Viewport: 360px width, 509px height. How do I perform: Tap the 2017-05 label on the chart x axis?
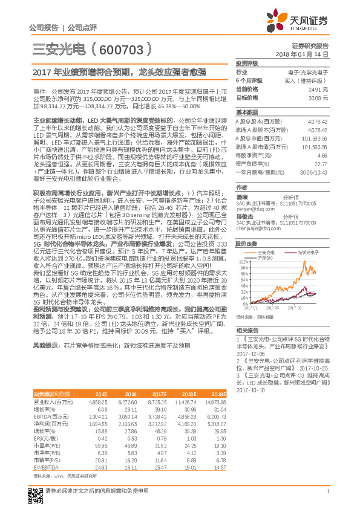pos(276,308)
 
